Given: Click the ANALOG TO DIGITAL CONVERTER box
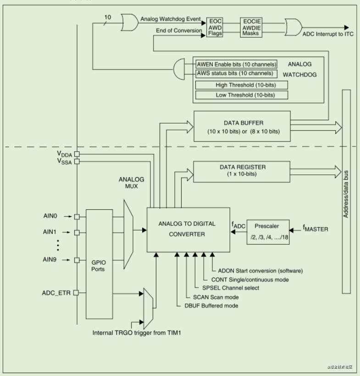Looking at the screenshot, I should point(188,229).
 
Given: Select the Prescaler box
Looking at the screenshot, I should point(268,232).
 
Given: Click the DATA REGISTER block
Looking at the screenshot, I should point(242,171).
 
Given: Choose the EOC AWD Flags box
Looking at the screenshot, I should point(214,27).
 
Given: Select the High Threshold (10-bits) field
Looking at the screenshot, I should point(242,85).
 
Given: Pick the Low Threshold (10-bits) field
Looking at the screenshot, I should point(242,95).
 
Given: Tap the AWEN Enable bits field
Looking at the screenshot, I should point(236,64).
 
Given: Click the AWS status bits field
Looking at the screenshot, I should point(236,73).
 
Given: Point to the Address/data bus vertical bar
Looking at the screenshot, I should point(346,191).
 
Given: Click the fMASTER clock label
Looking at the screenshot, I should point(315,227).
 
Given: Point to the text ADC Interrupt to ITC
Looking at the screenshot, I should point(328,34).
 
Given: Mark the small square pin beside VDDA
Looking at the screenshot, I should point(77,154).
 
